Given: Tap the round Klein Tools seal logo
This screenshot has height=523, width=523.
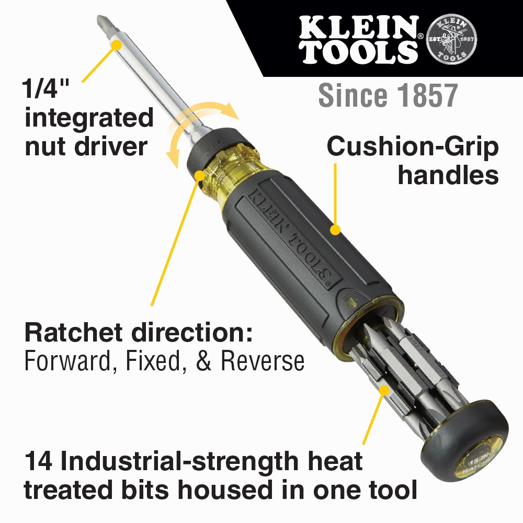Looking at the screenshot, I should click(x=451, y=39).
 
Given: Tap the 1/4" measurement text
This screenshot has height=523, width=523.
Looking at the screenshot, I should click(x=46, y=89).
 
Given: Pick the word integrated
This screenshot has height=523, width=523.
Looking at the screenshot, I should click(x=89, y=118).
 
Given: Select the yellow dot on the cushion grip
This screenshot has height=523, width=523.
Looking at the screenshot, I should click(x=336, y=229).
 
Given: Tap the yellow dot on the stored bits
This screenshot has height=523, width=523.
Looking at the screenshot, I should click(x=384, y=390).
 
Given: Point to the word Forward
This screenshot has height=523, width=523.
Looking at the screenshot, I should click(x=65, y=361).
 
